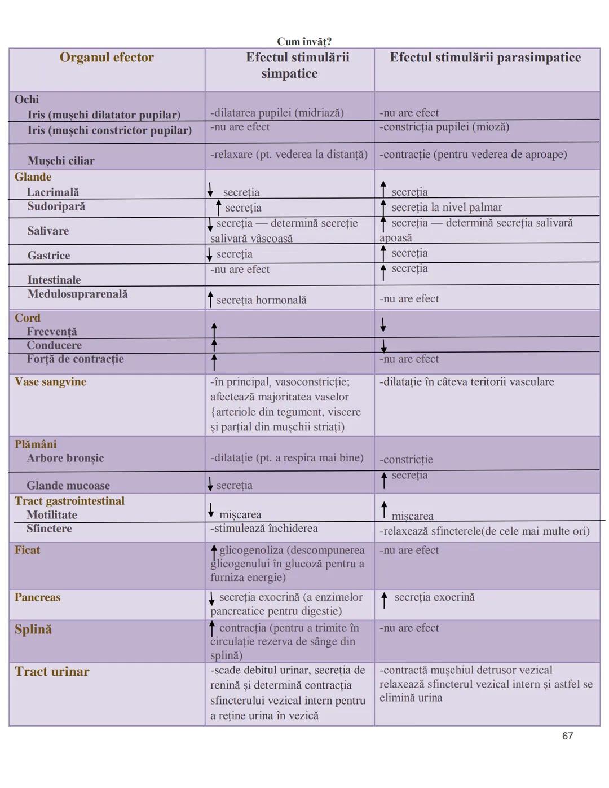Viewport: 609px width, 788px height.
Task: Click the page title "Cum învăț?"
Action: point(304,41)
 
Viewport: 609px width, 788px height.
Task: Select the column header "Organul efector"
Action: point(107,58)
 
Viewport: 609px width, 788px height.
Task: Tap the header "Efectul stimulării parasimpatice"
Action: point(485,58)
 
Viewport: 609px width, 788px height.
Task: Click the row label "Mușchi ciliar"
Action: point(61,161)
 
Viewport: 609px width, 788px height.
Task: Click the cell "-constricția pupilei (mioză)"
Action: point(444,127)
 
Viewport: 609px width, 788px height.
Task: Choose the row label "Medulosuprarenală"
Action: point(77,294)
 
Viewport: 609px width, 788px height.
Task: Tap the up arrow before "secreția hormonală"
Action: point(211,300)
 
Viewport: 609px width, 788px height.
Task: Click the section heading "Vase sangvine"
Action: point(50,382)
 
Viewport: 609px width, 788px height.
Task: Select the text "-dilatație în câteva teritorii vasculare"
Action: point(467,382)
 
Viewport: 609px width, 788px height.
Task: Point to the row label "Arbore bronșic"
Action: point(65,458)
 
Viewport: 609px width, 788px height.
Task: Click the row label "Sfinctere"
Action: point(49,529)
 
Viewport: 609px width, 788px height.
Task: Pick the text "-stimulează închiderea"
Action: point(264,529)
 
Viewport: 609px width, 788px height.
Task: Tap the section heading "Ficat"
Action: point(27,550)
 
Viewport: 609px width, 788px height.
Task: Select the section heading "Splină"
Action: point(33,629)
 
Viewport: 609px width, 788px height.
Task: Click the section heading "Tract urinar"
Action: point(52,671)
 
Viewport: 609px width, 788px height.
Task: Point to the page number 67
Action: point(567,736)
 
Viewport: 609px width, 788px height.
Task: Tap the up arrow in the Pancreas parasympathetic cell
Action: point(384,600)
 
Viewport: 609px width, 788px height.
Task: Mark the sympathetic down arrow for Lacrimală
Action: point(210,190)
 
